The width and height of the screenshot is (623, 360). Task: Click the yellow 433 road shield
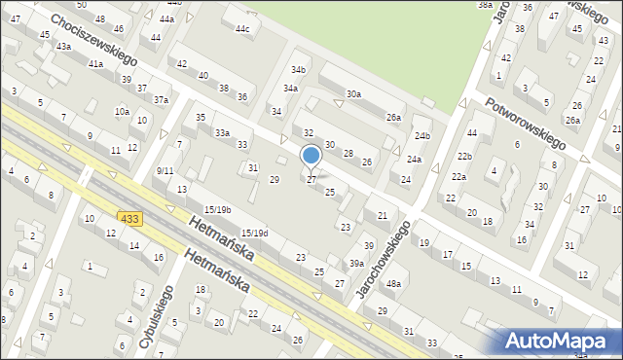point(131,220)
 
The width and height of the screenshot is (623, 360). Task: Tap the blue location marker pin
point(311,157)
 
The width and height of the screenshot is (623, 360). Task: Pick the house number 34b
point(299,70)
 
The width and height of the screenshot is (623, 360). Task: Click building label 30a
point(353,94)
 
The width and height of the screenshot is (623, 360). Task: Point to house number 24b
point(421,134)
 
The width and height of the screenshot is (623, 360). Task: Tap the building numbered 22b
point(465,156)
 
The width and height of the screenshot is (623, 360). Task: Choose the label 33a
point(223,132)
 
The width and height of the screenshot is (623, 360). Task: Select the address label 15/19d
point(255,233)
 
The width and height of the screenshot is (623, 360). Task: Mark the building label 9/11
point(165,170)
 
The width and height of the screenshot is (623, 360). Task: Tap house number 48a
point(393,283)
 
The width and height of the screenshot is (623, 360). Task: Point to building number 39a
point(357,264)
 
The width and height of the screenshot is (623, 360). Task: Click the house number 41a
point(95,63)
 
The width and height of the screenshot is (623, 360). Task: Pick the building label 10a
point(122,112)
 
